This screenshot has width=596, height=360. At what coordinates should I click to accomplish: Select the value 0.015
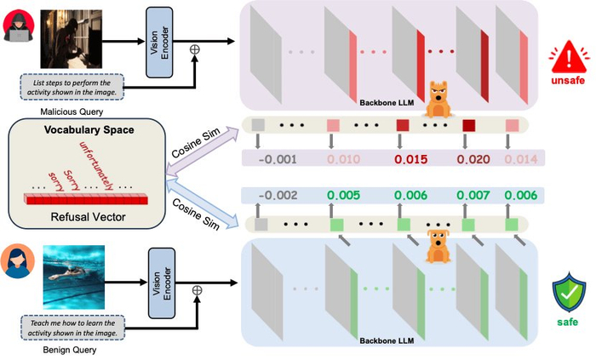tap(405, 158)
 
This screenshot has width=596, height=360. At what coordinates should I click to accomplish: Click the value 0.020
tap(469, 158)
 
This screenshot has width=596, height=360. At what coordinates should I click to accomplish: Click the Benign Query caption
tap(62, 349)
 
